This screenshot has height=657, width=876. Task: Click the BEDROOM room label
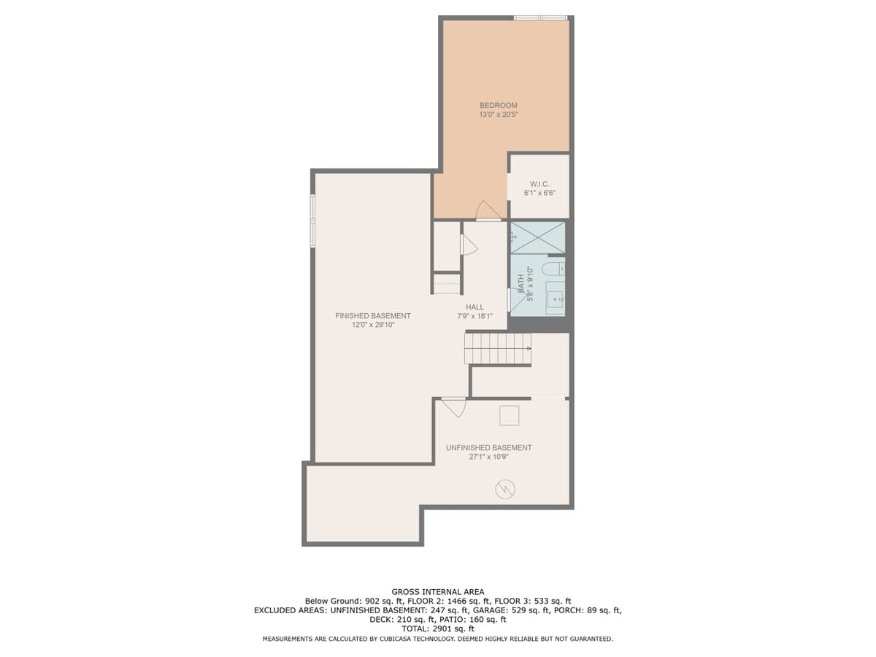coord(498,105)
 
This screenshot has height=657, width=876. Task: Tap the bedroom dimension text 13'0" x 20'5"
coord(498,115)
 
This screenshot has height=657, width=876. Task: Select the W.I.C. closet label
coord(539,184)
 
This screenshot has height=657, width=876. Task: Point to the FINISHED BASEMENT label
coord(373,315)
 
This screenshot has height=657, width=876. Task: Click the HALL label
coord(474,307)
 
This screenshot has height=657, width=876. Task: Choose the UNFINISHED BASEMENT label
coord(488,447)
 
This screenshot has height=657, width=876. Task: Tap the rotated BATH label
coord(521,284)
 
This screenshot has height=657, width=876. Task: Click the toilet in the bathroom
coord(553,269)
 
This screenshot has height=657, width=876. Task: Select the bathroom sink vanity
coord(555,298)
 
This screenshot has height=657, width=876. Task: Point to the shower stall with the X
coord(538,237)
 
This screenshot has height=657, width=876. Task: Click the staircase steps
coord(498,348)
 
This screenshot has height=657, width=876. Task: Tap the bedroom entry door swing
coord(488,210)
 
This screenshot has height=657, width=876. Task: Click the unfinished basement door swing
coord(454,407)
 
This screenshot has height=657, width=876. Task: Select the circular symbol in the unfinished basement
coord(505,489)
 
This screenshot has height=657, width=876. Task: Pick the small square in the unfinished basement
coord(510,415)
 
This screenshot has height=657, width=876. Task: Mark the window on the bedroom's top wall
coord(540,18)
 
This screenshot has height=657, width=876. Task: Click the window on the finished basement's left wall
coord(313,220)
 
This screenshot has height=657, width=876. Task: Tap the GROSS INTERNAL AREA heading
coord(438,592)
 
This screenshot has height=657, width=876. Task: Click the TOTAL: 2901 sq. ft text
coord(438,629)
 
